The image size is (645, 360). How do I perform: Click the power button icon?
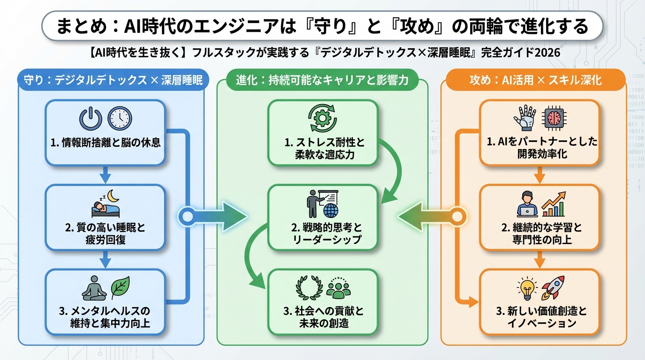90,118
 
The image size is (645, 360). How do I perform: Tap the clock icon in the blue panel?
120,118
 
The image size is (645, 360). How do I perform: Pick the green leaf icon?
120,287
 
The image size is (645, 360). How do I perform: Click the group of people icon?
338,287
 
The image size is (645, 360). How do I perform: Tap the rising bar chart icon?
554,203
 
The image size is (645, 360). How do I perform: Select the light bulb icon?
526,288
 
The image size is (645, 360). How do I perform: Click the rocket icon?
553,287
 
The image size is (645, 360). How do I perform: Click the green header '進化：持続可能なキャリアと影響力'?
322,81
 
